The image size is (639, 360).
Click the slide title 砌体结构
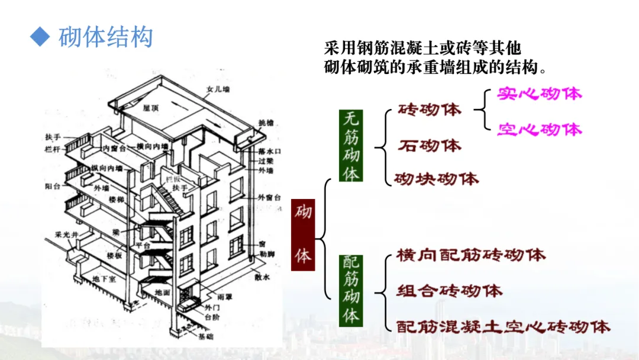click(106, 37)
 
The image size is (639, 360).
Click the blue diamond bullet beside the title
click(39, 37)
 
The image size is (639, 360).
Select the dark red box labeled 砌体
click(303, 234)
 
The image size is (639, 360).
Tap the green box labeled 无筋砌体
click(351, 146)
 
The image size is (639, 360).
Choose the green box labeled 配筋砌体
click(351, 290)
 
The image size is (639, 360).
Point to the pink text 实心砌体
click(539, 94)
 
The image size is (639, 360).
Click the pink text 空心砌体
click(539, 129)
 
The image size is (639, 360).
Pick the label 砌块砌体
click(437, 178)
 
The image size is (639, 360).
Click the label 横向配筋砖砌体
click(471, 255)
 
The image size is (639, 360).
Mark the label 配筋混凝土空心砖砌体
click(503, 326)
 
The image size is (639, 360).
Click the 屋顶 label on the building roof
click(151, 108)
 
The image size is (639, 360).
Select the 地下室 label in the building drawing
click(104, 278)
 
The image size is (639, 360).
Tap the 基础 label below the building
click(206, 336)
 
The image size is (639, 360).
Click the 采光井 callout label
click(63, 234)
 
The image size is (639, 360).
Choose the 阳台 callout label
click(53, 186)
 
